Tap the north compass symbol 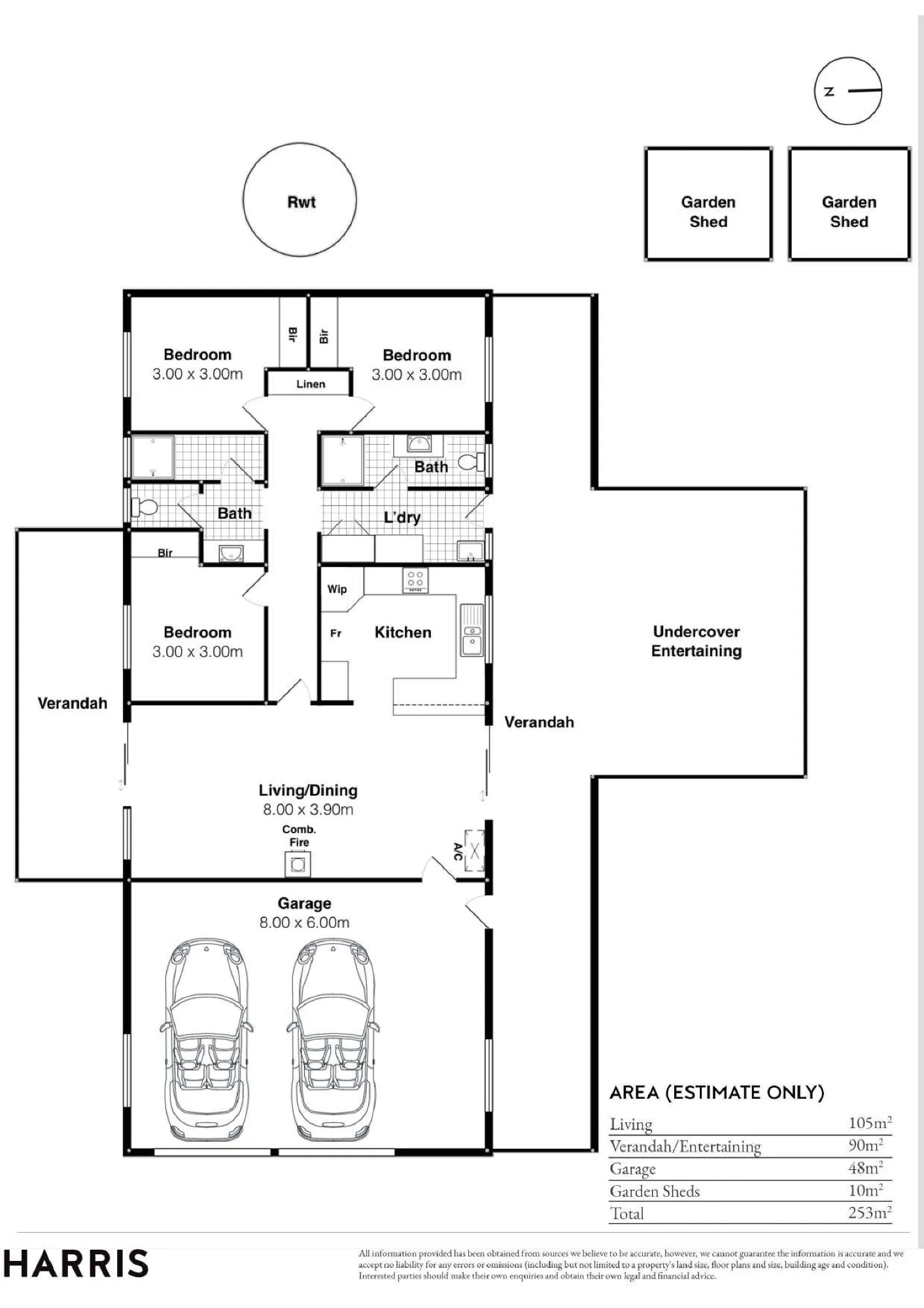coord(848,91)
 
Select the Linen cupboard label coord(311,384)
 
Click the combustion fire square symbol coord(298,865)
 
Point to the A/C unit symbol coord(475,851)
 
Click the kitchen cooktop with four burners coord(415,580)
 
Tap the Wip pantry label coord(337,589)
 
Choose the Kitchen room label coord(403,632)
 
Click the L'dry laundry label coord(402,517)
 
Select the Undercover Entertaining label coord(696,641)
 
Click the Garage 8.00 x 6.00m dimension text coord(304,923)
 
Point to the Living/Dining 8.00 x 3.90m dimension coord(308,810)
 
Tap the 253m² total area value coord(870,1213)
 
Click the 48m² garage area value coord(866,1167)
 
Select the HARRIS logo coord(76,1264)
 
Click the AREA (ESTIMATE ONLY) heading coord(717,1092)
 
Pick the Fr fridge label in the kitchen coord(335,633)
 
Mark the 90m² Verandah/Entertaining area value coord(866,1145)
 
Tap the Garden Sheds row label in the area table coord(655,1192)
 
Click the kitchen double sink coord(471,630)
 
